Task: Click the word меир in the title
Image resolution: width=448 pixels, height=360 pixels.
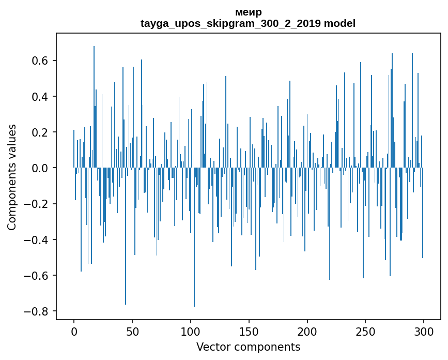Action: pyautogui.click(x=248, y=12)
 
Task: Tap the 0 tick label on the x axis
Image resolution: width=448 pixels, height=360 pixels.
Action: pyautogui.click(x=74, y=331)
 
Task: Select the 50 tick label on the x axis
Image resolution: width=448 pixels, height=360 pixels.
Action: pyautogui.click(x=132, y=331)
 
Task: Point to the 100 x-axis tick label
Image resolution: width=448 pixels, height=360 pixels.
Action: pyautogui.click(x=191, y=331)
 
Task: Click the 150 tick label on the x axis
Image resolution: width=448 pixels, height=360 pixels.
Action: pyautogui.click(x=249, y=331)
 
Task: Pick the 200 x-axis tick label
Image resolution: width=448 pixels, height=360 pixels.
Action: pyautogui.click(x=307, y=331)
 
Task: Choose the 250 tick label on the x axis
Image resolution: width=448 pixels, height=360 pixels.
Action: pyautogui.click(x=365, y=331)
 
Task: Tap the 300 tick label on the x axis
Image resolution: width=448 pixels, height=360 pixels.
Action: pyautogui.click(x=424, y=331)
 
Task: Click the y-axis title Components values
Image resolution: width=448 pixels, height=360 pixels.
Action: pyautogui.click(x=12, y=177)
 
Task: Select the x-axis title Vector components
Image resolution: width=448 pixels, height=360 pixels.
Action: pyautogui.click(x=248, y=347)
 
